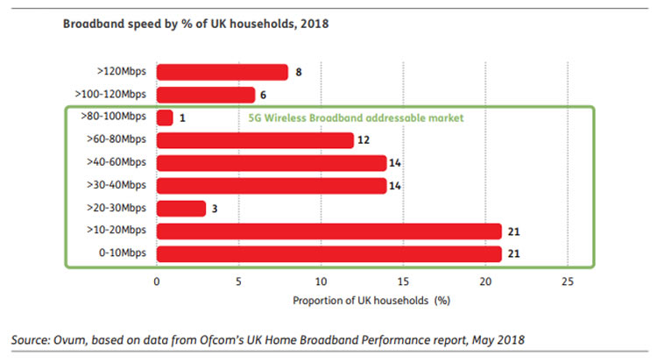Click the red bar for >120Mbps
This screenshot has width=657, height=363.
point(222,72)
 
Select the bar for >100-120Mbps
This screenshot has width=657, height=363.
point(205,95)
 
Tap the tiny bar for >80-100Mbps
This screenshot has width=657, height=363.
point(165,117)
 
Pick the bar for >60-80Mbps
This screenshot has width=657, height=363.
point(255,140)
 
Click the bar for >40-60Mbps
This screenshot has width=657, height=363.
point(271,163)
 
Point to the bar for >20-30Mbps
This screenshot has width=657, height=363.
point(181,209)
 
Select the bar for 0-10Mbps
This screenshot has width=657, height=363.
point(328,254)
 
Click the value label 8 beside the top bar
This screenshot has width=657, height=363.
point(299,72)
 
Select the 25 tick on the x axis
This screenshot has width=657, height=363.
point(567,281)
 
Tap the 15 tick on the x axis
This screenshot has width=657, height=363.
point(402,281)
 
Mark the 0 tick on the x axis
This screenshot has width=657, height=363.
point(156,281)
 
